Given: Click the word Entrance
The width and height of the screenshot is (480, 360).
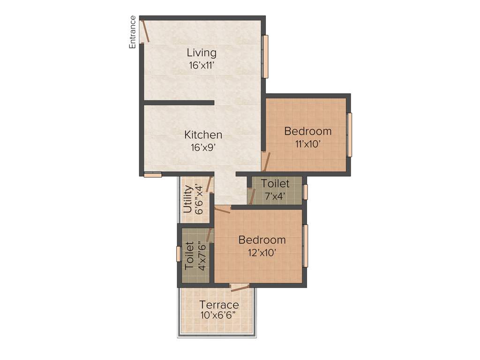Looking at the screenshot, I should tap(133, 32).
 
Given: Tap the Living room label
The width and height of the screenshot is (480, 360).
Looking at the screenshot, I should tap(202, 52).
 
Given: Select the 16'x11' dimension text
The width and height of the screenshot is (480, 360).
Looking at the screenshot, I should tap(202, 66).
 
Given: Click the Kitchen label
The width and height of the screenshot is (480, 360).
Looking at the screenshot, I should tap(203, 135).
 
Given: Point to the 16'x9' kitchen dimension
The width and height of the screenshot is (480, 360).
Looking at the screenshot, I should tap(203, 148).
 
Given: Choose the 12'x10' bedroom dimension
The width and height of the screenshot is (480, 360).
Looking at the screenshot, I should tap(262, 253).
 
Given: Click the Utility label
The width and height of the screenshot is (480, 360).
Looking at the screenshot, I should tap(188, 199).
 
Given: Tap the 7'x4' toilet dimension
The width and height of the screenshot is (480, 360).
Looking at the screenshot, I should tap(275, 195).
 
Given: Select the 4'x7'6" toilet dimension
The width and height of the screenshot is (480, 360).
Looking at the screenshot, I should tap(202, 255).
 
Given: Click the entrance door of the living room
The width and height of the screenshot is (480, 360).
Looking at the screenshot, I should tap(146, 31).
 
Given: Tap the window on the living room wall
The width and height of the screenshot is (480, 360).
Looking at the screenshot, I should tap(265, 56).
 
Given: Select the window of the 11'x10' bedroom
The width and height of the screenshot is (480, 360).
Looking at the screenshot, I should tap(349, 135).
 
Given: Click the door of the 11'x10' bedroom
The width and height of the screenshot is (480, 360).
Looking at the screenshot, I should tap(266, 162).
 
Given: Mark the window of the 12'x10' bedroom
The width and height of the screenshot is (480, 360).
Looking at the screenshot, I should tap(305, 246).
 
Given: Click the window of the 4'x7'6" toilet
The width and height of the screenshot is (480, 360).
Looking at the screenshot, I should tap(179, 254).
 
